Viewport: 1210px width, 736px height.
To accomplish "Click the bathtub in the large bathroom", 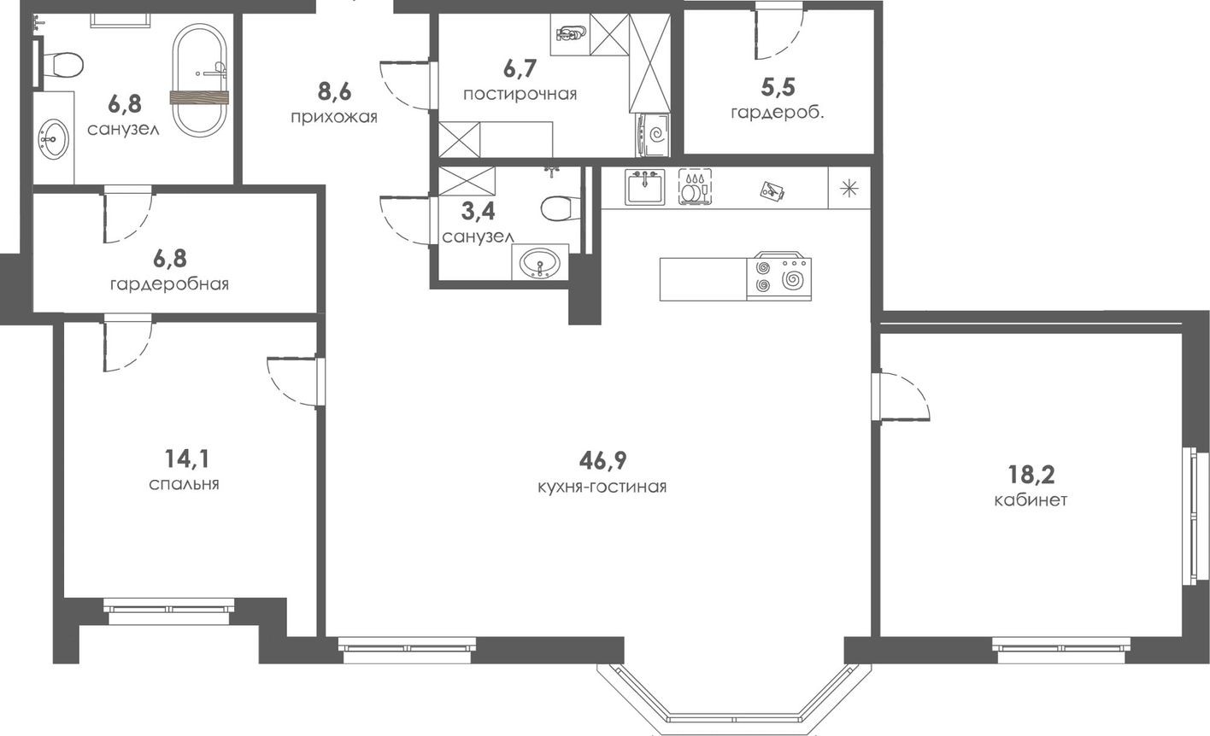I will click(200, 80).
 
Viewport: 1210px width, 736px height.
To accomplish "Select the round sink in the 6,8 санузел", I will click(54, 138).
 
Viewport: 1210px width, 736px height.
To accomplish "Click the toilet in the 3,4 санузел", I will click(561, 207).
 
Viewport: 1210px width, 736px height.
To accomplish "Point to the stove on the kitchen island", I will click(778, 277).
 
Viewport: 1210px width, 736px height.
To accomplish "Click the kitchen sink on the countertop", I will click(644, 187).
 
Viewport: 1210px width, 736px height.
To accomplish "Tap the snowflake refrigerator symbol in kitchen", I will click(849, 188).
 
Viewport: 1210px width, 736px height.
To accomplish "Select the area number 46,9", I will click(602, 461).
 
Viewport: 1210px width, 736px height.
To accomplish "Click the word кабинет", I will click(1031, 500).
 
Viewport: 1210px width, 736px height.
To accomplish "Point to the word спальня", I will click(184, 484).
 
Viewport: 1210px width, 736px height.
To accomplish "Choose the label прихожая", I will click(333, 117).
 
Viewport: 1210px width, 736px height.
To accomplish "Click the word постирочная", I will click(520, 94).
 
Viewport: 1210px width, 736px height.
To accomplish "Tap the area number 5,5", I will click(778, 86).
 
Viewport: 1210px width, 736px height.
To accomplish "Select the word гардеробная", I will click(169, 283).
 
